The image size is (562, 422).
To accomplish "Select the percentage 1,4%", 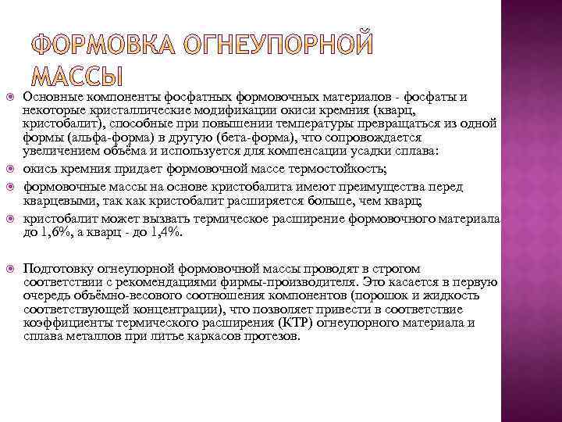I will [x=165, y=233].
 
